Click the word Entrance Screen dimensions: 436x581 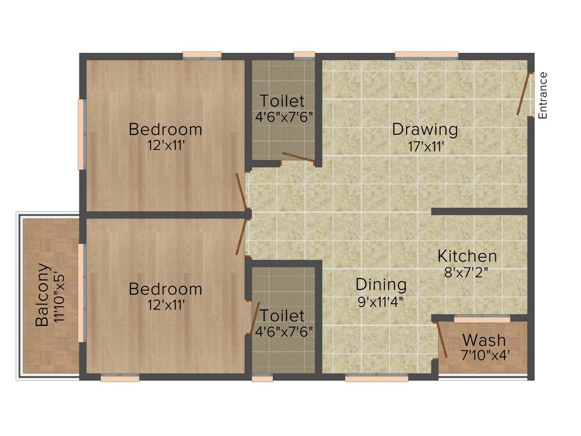point(543,95)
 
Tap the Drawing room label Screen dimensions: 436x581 point(425,129)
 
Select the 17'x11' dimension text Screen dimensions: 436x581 point(425,146)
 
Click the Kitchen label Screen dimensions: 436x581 point(467,256)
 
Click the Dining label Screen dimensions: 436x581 point(381,284)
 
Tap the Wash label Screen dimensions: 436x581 point(483,341)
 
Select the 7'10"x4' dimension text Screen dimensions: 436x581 point(484,356)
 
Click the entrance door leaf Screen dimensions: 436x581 point(525,94)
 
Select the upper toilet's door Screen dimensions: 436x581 point(299,158)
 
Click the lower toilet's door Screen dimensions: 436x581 point(255,318)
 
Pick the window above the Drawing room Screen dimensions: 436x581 point(426,55)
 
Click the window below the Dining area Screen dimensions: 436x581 point(376,378)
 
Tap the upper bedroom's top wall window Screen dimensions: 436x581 point(202,55)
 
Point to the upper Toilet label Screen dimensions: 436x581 point(282,101)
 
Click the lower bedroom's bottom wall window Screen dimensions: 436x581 point(120,378)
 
